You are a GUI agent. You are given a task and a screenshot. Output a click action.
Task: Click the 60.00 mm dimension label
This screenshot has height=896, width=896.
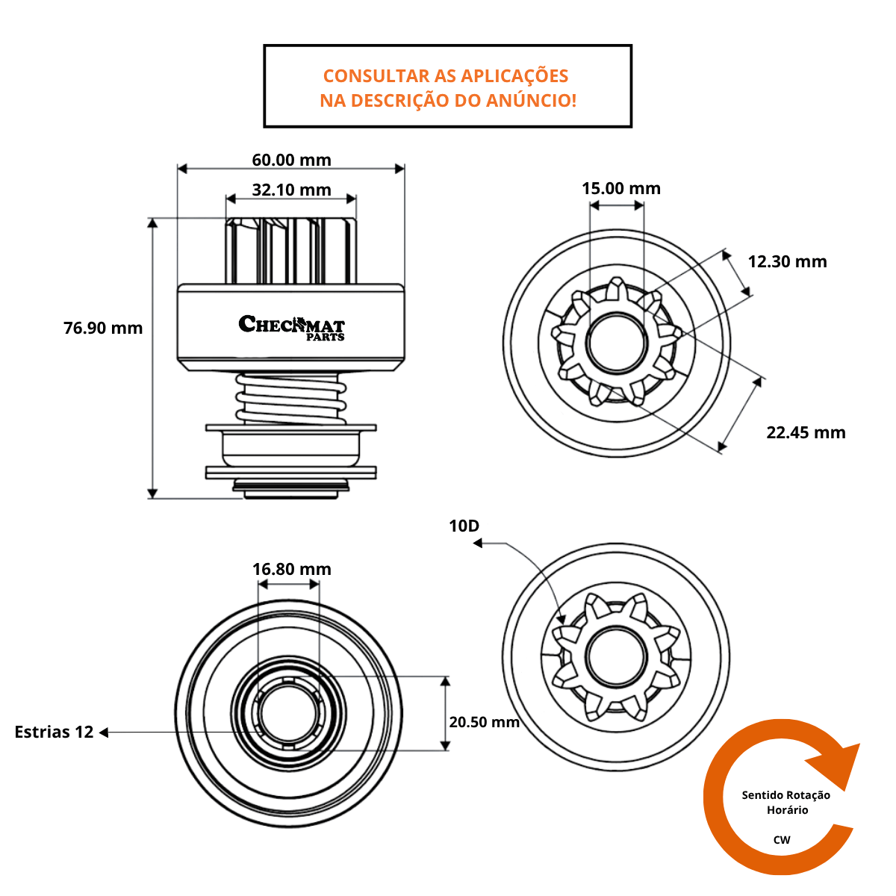pyautogui.click(x=291, y=160)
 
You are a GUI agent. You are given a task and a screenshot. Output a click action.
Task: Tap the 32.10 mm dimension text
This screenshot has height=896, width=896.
pyautogui.click(x=291, y=190)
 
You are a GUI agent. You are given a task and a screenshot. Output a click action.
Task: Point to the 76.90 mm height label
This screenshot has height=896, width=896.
pyautogui.click(x=103, y=328)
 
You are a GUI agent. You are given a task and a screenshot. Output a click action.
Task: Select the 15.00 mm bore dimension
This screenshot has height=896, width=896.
pyautogui.click(x=621, y=188)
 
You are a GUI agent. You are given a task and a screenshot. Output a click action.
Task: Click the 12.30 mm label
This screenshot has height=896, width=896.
pyautogui.click(x=787, y=261)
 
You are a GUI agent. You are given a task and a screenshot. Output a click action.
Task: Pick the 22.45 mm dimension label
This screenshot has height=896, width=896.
pyautogui.click(x=806, y=432)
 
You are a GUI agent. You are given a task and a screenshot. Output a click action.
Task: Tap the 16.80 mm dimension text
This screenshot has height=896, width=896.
pyautogui.click(x=291, y=569)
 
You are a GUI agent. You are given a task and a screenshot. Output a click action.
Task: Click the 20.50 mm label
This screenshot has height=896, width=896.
pyautogui.click(x=484, y=722)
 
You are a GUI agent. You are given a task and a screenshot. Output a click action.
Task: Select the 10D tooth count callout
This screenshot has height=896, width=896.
pyautogui.click(x=464, y=526)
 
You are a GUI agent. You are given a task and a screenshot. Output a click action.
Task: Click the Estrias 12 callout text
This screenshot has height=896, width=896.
pyautogui.click(x=54, y=732)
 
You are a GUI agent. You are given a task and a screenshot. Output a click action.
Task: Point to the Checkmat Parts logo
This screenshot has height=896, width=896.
pyautogui.click(x=292, y=327)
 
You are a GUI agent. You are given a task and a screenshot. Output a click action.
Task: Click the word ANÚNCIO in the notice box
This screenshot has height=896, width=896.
pyautogui.click(x=530, y=100)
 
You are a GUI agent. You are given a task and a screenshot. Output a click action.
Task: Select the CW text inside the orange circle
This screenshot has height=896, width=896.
pyautogui.click(x=782, y=840)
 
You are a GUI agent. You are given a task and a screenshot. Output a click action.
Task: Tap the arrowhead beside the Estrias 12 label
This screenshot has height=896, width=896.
pyautogui.click(x=104, y=732)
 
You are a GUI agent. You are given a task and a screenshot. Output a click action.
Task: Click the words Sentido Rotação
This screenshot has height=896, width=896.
pyautogui.click(x=785, y=795)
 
